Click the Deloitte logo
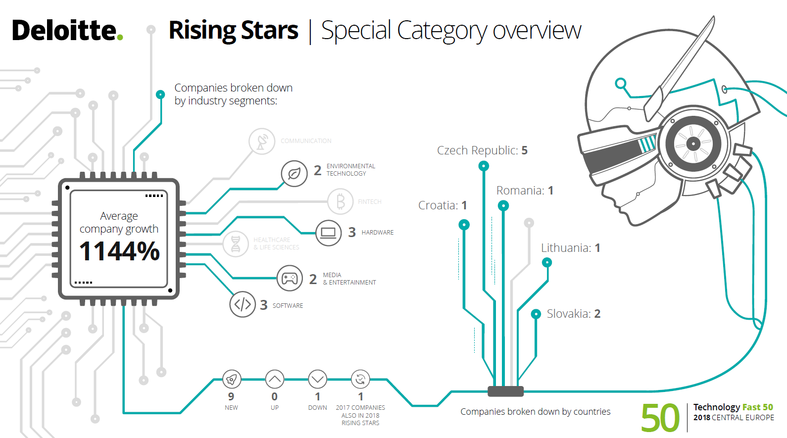click(67, 31)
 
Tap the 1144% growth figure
click(119, 251)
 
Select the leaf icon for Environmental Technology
click(294, 174)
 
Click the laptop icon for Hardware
click(328, 233)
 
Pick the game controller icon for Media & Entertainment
click(290, 279)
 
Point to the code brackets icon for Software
click(243, 304)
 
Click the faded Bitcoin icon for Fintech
click(341, 201)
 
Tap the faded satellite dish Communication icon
click(262, 142)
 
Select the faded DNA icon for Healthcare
click(236, 243)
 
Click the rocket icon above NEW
click(231, 380)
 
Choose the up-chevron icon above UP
click(275, 380)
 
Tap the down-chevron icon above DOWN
click(317, 380)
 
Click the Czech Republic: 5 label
click(482, 150)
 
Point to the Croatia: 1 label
click(443, 205)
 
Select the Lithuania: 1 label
click(570, 248)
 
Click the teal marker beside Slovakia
click(536, 314)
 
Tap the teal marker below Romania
click(503, 205)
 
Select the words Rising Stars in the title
click(233, 31)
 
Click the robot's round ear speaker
click(693, 144)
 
